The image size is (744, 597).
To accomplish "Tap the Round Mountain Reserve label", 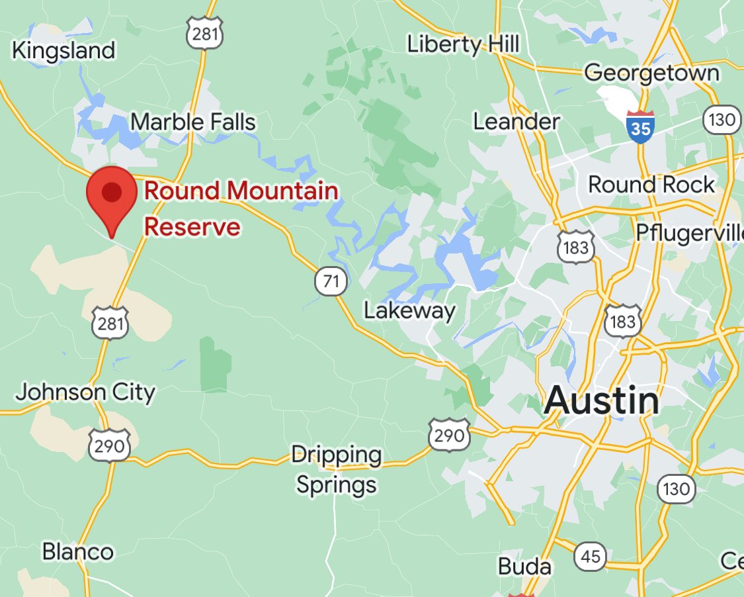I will click(x=241, y=208).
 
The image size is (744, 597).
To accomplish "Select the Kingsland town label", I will click(x=63, y=50).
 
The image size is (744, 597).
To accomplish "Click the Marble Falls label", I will click(x=193, y=122).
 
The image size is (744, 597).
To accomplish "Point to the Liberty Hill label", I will click(x=463, y=45).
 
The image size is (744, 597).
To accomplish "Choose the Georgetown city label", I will click(x=651, y=72).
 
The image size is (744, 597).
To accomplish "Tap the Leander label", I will click(x=517, y=122).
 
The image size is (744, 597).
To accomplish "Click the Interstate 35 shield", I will click(x=640, y=126).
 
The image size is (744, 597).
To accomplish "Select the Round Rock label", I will click(x=651, y=184).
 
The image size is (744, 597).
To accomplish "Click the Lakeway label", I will click(x=410, y=311).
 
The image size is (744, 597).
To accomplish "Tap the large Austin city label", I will click(x=602, y=401).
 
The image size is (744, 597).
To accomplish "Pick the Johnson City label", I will click(x=85, y=392).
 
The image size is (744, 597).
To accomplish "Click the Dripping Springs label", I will click(x=337, y=469).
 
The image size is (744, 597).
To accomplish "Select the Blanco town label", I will click(x=77, y=551).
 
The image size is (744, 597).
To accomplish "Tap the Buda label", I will click(x=524, y=567).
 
